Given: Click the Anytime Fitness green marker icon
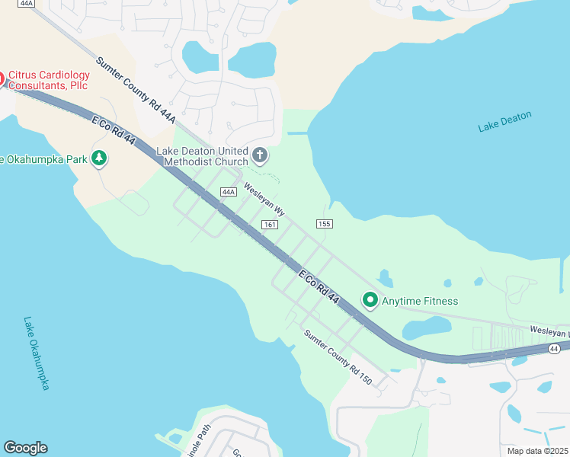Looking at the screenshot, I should click(370, 300).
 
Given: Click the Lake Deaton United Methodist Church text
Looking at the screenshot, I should click(202, 156).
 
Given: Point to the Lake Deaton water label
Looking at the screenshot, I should click(504, 122).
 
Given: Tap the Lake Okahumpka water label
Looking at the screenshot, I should click(36, 353).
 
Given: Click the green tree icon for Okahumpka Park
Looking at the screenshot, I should click(98, 158).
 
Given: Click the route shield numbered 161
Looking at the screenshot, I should click(268, 224).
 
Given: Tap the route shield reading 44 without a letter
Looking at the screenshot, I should click(555, 348).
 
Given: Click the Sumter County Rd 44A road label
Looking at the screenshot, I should click(136, 91).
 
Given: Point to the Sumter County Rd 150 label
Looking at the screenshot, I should click(338, 357).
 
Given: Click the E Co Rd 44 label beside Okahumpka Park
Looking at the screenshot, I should click(114, 136).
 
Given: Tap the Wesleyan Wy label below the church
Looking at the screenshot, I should click(264, 200).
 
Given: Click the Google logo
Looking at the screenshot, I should click(25, 448).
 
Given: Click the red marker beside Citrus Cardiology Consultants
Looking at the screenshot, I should click(2, 79).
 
